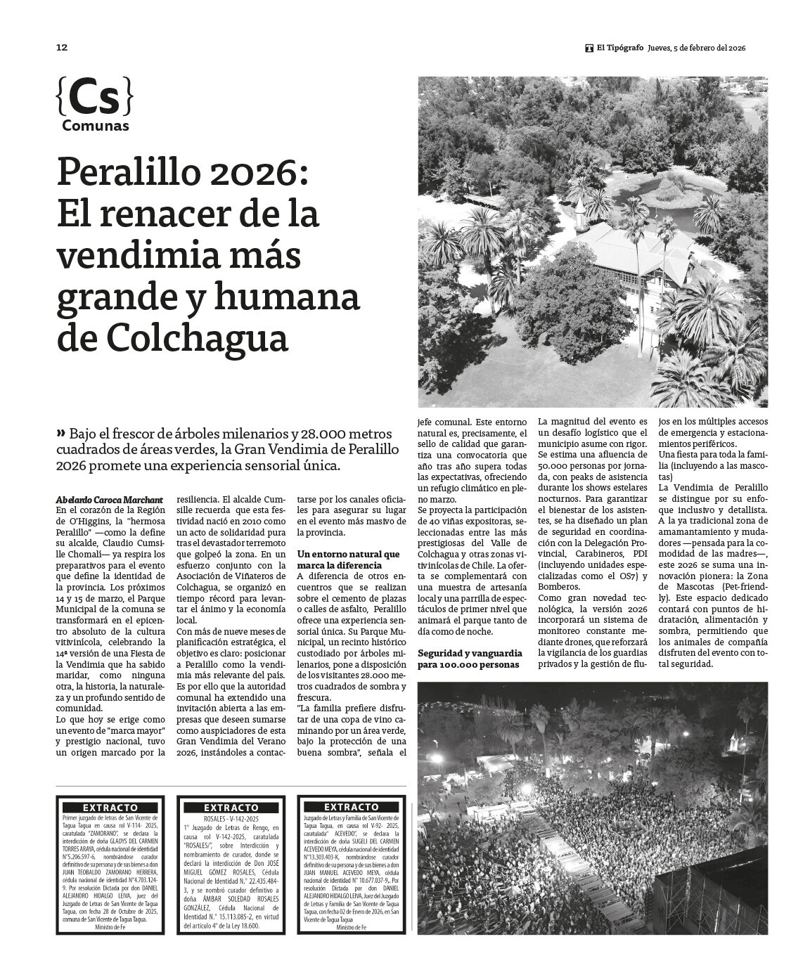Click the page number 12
(62, 48)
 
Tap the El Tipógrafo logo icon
(589, 48)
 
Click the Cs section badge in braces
(94, 98)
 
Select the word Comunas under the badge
(95, 127)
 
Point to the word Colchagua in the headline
(198, 339)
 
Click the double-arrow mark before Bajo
(62, 433)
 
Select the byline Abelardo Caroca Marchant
(109, 500)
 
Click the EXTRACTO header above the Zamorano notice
(110, 808)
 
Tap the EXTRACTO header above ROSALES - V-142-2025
(231, 808)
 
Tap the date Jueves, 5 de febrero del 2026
(695, 48)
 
